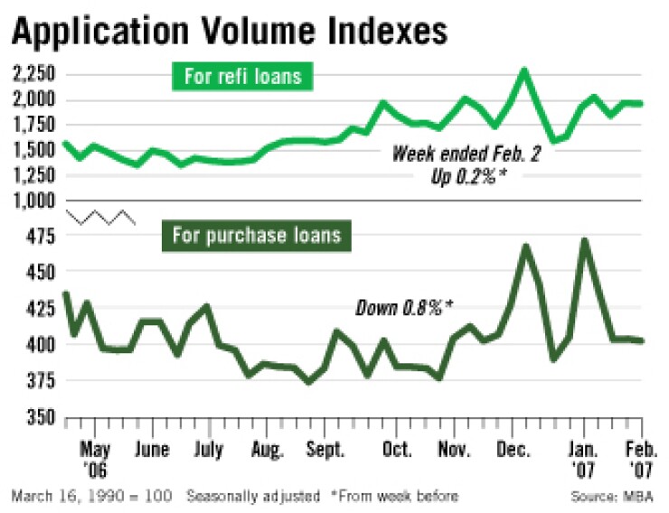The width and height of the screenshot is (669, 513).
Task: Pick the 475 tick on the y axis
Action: pos(39,237)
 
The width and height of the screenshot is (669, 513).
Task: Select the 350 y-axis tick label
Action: pos(39,418)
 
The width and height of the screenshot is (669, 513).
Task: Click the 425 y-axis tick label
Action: pos(39,308)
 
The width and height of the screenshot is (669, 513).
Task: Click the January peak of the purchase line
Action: pos(584,241)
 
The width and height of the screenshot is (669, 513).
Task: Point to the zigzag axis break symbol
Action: pos(100,218)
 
